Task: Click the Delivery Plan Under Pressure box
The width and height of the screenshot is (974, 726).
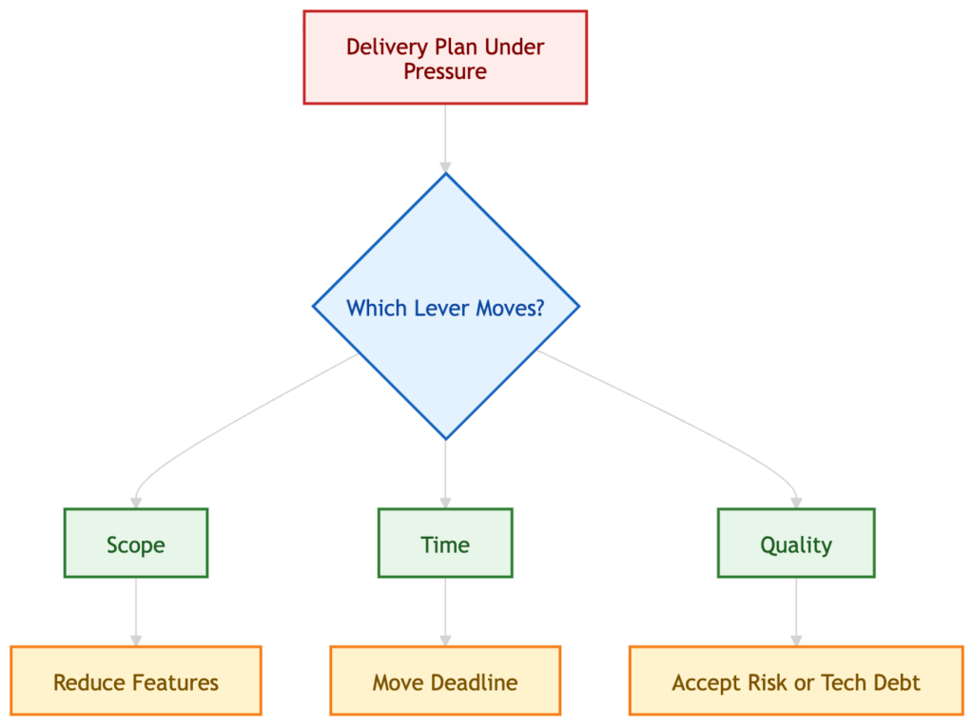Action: pyautogui.click(x=445, y=58)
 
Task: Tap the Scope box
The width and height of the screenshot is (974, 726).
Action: pyautogui.click(x=135, y=544)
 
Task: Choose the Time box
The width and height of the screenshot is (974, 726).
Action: pyautogui.click(x=445, y=544)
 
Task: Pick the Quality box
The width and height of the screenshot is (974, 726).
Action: pyautogui.click(x=796, y=544)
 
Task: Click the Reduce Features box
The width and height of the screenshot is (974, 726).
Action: pyautogui.click(x=135, y=681)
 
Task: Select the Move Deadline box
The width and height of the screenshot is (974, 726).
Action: pyautogui.click(x=445, y=681)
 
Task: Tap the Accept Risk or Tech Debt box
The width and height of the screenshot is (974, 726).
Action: pyautogui.click(x=796, y=681)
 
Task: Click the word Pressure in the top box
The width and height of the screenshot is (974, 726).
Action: pyautogui.click(x=445, y=72)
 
